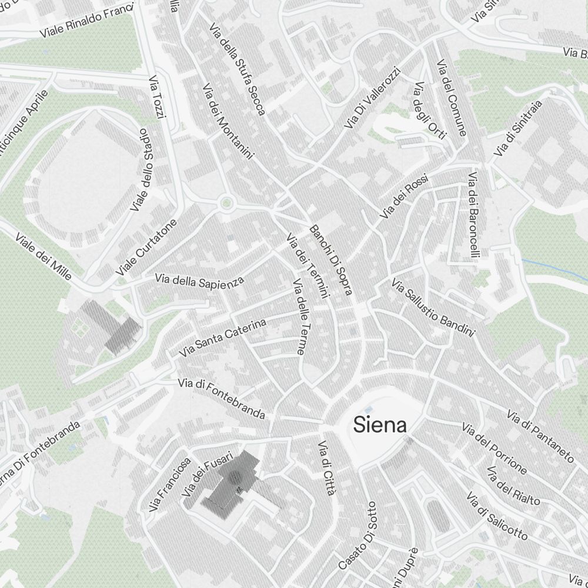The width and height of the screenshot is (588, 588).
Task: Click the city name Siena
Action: tap(379, 425)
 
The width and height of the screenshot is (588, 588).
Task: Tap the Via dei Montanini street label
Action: tap(228, 122)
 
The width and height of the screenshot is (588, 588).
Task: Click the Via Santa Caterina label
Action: tap(223, 338)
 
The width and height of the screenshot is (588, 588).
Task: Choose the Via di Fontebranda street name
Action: tap(222, 399)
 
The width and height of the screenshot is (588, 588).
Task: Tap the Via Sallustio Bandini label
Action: tap(433, 309)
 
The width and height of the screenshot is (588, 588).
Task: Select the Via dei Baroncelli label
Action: tap(475, 215)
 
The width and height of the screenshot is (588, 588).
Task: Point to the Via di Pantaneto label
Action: tap(540, 435)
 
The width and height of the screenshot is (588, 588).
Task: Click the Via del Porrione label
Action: tap(494, 448)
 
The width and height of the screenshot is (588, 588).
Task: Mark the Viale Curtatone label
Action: tap(146, 248)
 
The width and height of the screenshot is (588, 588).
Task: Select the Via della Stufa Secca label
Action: tap(238, 69)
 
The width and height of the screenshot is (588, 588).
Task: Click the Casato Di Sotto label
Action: tap(357, 535)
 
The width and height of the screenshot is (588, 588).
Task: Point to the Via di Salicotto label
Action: tap(497, 516)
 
